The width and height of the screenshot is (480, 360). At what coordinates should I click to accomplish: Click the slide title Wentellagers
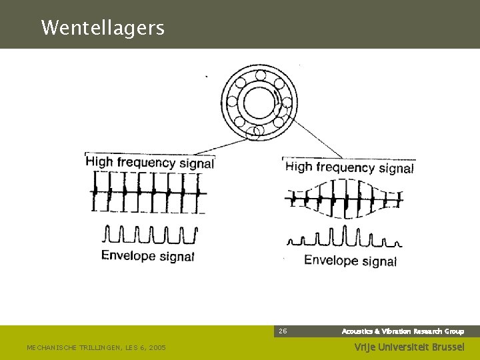pos(102,28)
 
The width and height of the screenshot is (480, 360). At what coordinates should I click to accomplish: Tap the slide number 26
pos(283,331)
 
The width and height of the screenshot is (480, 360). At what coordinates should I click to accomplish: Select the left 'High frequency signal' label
pos(150,162)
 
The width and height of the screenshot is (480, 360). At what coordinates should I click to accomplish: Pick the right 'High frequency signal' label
pos(349,167)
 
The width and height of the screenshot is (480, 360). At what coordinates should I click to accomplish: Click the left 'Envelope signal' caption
pos(147,255)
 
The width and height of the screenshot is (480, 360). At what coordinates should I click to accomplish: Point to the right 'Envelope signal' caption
pos(350,261)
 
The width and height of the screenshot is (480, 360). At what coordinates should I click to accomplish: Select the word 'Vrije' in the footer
pos(363,347)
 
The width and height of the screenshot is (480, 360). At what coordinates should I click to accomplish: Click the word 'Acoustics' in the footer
pos(357,331)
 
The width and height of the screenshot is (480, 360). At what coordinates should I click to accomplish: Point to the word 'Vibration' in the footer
pos(395,331)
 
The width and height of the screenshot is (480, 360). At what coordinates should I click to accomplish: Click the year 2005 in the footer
pos(157,347)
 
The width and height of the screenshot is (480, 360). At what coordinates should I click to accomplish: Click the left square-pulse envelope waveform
pos(151,235)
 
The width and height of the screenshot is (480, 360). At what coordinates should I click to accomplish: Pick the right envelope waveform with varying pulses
pos(343,237)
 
